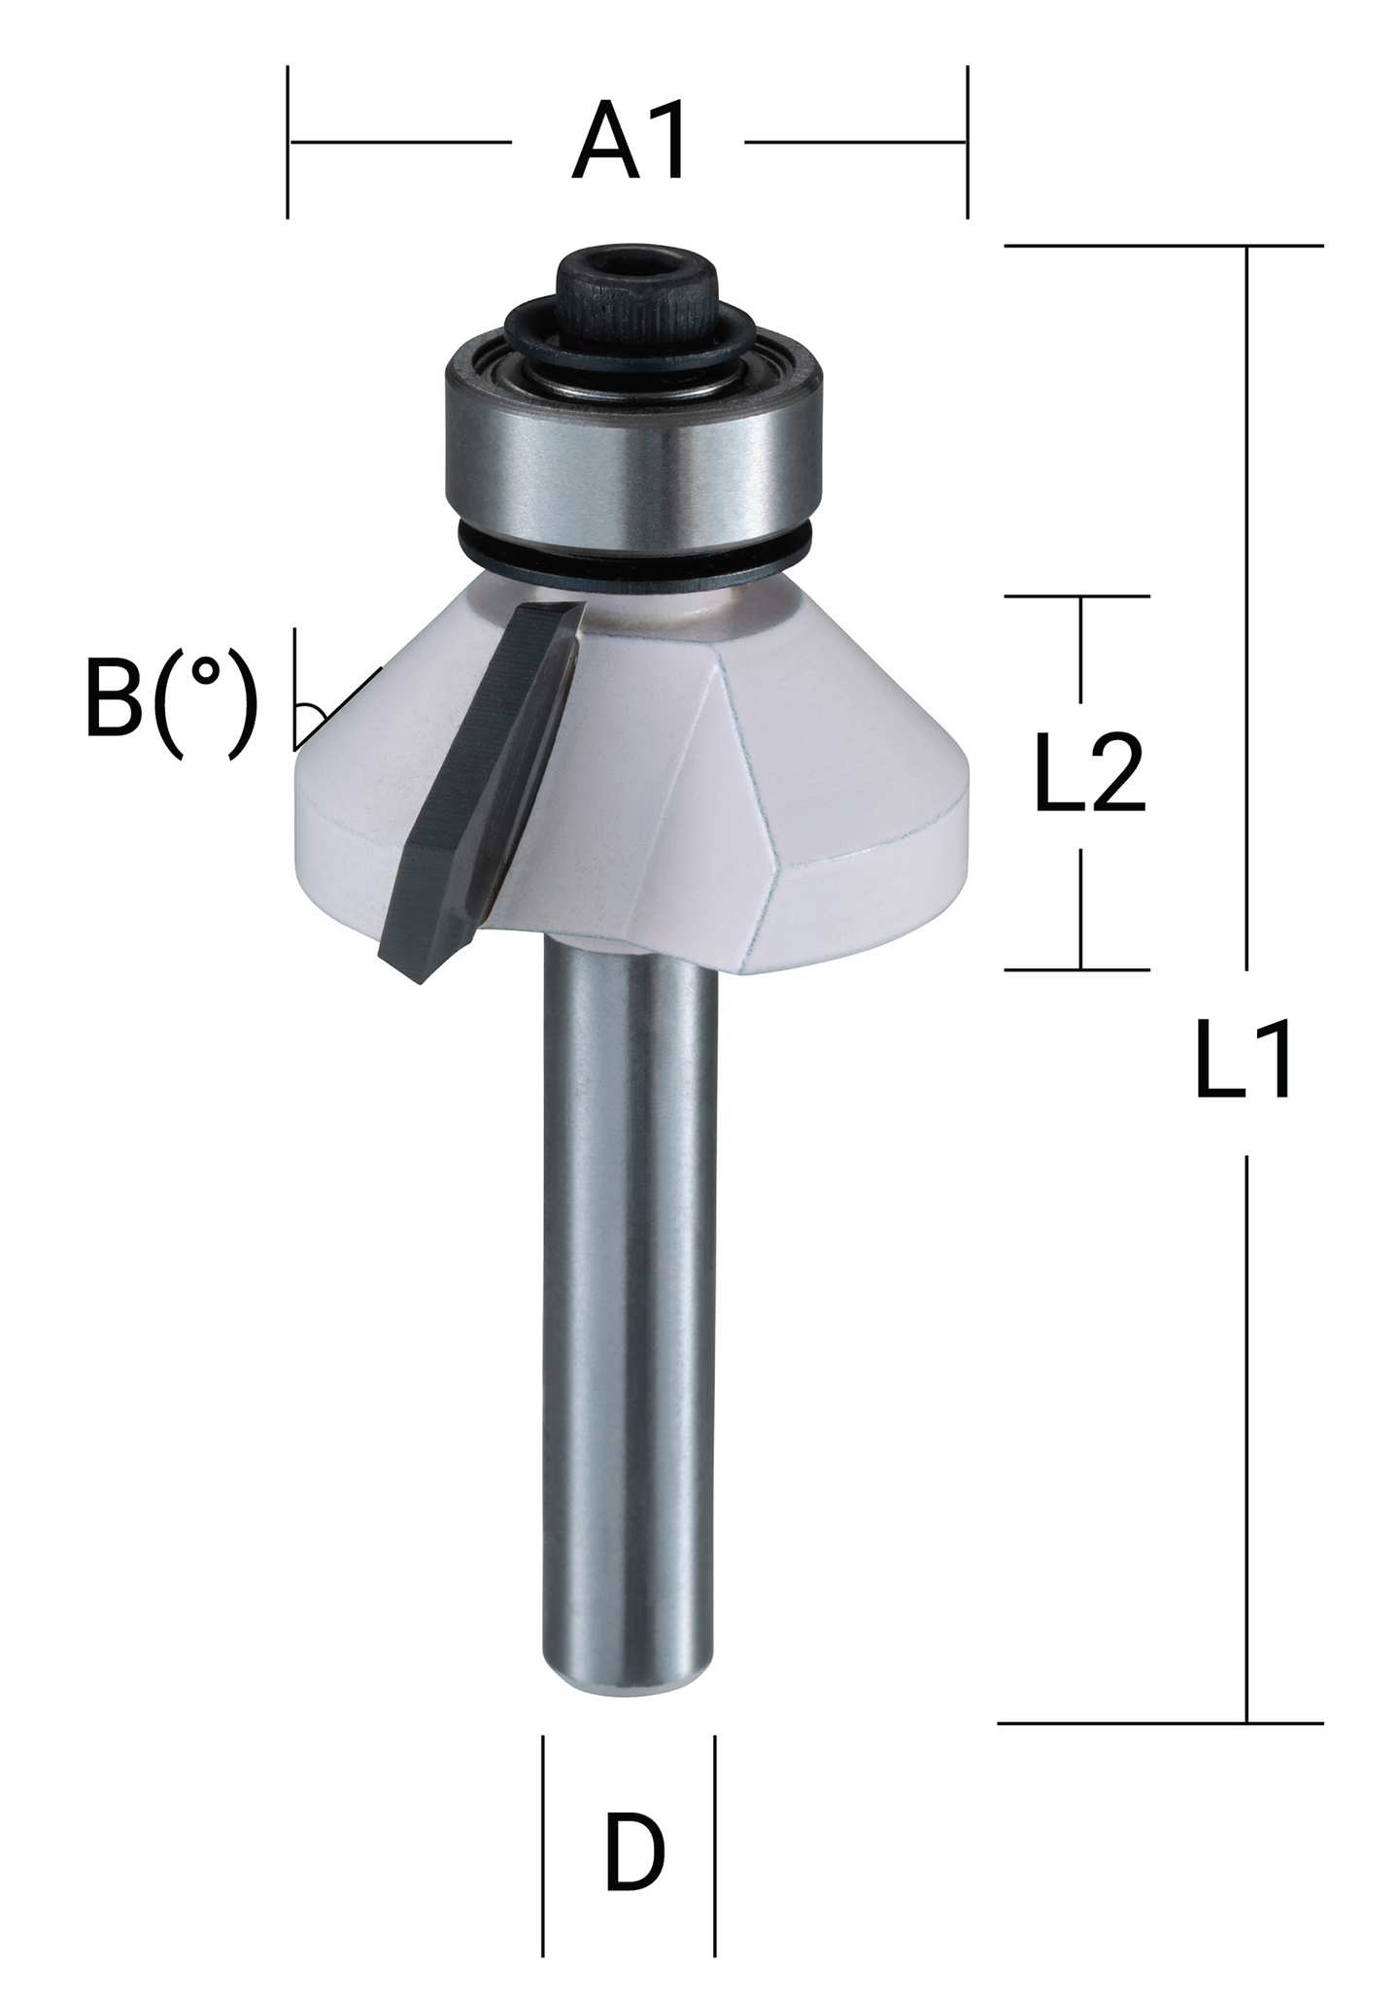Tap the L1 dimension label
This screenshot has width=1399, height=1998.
point(1245,1059)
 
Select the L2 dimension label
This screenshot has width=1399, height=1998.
point(1089,772)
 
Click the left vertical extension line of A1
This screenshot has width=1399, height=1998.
point(288,142)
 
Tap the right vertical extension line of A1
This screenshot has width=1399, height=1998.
point(967,142)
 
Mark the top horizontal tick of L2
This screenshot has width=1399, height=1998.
point(1077,596)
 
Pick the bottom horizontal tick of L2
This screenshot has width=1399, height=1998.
point(1077,969)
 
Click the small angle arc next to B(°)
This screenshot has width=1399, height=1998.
point(313,717)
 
